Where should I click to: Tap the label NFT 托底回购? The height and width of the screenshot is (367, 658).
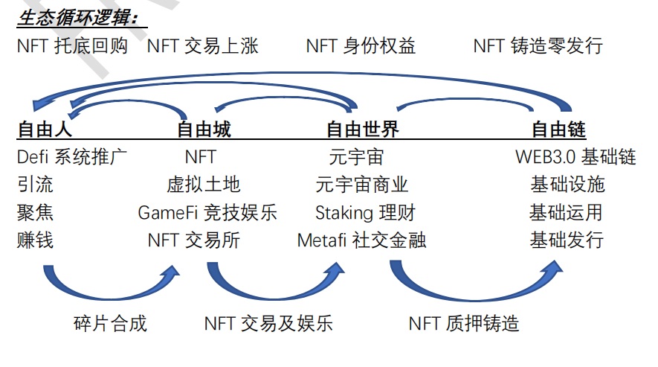point(72,46)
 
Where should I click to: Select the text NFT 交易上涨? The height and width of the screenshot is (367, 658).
point(203,46)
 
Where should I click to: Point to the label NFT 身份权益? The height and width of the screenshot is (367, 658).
point(361,46)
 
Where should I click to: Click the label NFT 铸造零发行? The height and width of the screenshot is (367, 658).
point(538,46)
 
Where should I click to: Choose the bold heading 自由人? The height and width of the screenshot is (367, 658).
point(45,130)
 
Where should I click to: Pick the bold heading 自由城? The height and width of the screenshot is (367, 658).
point(204,130)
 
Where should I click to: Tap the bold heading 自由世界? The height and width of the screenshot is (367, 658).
point(363,130)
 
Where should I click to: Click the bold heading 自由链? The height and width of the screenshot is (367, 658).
point(558,130)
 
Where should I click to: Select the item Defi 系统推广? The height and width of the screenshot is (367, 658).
point(72,157)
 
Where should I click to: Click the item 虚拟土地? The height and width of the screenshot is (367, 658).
point(204,185)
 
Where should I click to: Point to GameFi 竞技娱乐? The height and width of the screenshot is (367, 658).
point(207,212)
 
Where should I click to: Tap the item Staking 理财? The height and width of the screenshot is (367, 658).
point(365,212)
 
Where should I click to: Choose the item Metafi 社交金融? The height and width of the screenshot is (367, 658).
point(362,240)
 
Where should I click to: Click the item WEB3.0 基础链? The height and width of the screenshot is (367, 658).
point(575,157)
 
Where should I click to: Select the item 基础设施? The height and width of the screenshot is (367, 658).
point(567,185)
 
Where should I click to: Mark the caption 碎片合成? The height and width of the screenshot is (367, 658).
point(111,323)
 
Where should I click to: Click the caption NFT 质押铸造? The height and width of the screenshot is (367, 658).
point(464,323)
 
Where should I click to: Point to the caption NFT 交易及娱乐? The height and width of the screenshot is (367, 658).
point(268,323)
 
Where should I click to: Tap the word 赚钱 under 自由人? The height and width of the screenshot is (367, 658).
point(35,240)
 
